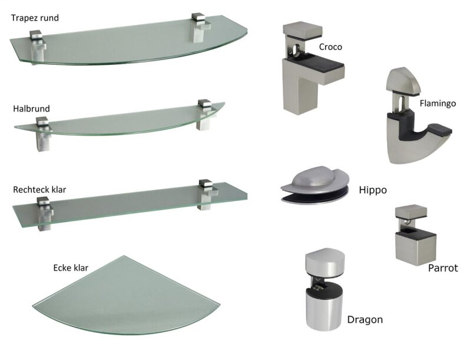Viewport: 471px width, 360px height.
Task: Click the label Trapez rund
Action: point(35,18)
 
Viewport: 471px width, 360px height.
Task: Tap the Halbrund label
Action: point(31,108)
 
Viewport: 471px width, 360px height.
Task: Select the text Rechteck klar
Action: point(39,190)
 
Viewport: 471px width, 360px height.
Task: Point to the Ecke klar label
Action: point(71,267)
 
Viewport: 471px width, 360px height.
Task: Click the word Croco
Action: point(330,47)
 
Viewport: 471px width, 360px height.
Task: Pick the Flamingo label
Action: point(437,103)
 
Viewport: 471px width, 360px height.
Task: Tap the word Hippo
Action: point(373,190)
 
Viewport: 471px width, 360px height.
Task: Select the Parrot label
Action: point(443,268)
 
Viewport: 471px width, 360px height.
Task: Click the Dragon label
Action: point(365,319)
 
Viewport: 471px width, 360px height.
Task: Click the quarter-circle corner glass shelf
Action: point(126,298)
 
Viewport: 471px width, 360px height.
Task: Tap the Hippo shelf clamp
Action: point(315,185)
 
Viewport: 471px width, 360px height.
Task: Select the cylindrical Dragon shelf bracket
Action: point(324,289)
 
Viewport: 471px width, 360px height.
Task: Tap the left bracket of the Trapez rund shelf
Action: point(38,47)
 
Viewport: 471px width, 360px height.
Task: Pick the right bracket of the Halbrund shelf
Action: point(205,115)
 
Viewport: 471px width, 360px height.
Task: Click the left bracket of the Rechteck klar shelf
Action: point(45,214)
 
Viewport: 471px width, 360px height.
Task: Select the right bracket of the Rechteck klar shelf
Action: point(207,194)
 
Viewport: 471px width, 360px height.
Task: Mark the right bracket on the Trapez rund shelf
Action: point(200,28)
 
